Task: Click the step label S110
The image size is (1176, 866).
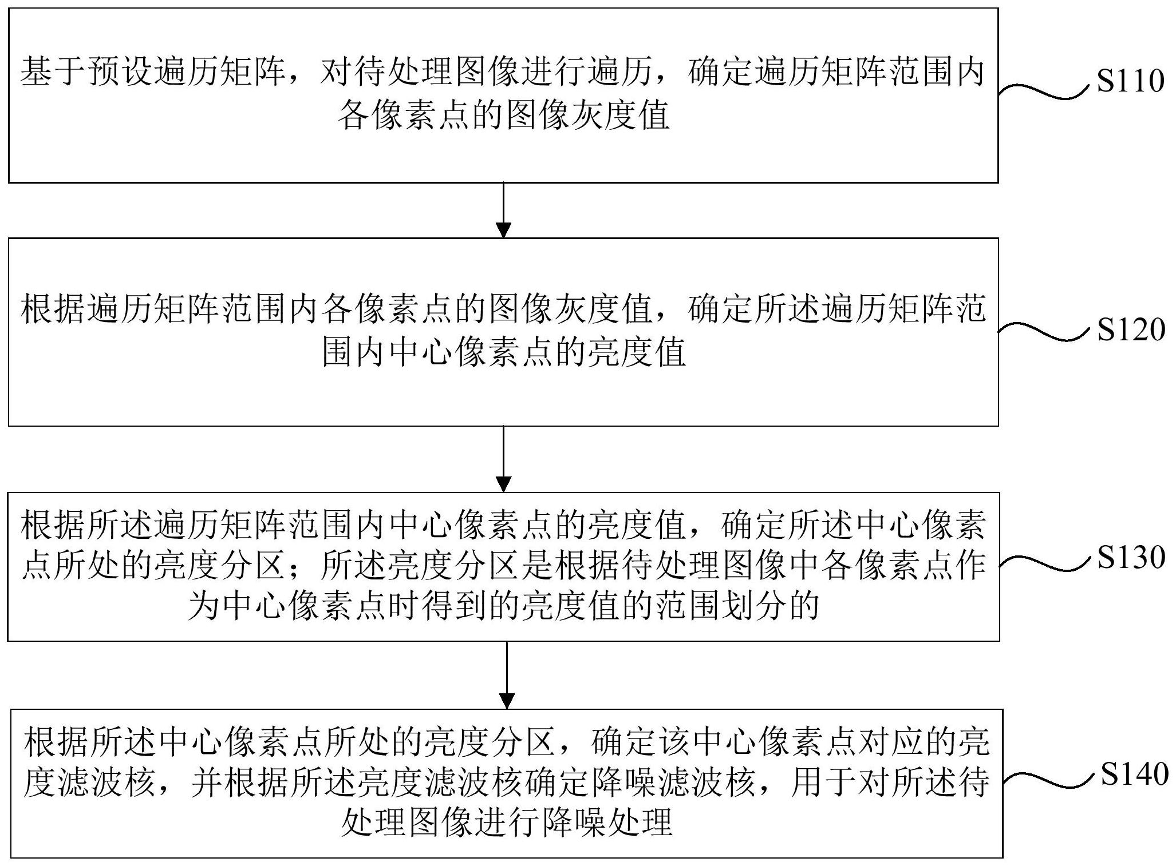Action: [1130, 81]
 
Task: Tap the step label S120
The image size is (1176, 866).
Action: [1131, 330]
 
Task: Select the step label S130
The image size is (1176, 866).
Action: [1131, 557]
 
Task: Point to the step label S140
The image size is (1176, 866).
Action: [1134, 774]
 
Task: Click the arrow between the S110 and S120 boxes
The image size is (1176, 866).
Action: [503, 210]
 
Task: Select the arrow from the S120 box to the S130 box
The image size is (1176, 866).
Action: [503, 459]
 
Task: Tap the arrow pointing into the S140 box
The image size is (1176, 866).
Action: [507, 674]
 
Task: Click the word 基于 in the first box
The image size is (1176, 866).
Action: [53, 73]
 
